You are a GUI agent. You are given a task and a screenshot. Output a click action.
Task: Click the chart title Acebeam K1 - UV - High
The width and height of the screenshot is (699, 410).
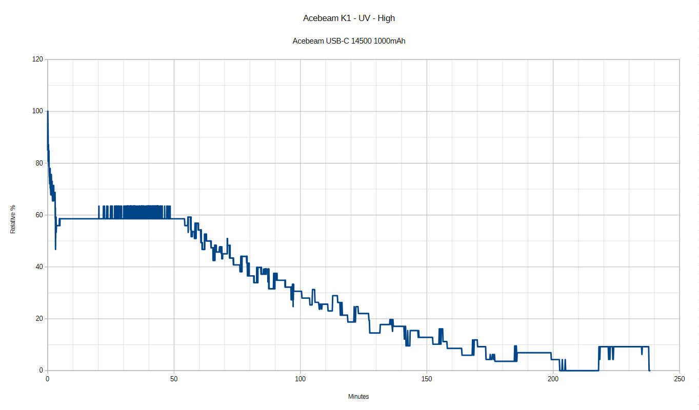coord(349,18)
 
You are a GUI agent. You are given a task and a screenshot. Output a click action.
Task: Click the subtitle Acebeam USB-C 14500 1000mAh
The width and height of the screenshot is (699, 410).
coord(349,41)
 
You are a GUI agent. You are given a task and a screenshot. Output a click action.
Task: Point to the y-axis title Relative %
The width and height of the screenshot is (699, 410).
coord(13,219)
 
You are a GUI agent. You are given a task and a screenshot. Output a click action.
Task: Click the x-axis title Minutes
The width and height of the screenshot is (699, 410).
coord(358,396)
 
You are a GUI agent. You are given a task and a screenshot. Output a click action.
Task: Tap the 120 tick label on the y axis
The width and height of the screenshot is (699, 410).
coord(37,59)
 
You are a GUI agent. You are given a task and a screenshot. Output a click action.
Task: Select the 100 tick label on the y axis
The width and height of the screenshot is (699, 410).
coord(37,111)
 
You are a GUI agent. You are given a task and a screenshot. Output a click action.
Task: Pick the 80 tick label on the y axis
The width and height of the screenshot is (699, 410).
coord(39,163)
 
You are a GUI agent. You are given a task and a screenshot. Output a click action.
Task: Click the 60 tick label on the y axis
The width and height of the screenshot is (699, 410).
coord(39,215)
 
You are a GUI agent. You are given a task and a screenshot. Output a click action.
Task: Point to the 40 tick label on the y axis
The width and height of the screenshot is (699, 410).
coord(39,266)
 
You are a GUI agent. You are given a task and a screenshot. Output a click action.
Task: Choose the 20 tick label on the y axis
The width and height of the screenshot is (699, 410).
coord(39,318)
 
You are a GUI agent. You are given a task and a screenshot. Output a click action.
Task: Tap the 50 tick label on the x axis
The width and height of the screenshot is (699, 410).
coord(174,379)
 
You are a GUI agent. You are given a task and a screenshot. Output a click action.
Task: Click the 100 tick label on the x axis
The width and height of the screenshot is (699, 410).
coord(301,379)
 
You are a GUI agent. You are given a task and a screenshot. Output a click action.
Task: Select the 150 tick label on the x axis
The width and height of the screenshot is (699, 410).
coord(427,379)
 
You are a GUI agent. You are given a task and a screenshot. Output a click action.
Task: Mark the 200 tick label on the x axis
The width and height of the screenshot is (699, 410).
coord(553,379)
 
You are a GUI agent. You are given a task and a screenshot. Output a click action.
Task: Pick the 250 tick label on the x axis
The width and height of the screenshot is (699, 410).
coord(680,379)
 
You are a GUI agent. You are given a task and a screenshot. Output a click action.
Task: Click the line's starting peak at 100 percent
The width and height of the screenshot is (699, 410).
coord(48,111)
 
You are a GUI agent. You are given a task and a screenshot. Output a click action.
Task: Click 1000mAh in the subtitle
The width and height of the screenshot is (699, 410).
coord(390,41)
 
